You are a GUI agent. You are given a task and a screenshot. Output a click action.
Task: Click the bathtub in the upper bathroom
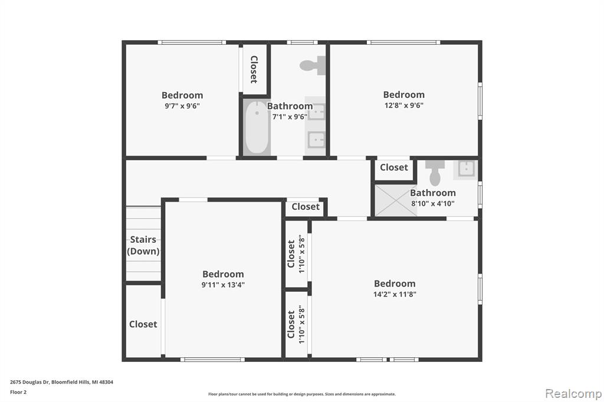257,127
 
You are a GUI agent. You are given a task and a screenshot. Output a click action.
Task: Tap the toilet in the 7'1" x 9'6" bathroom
313,65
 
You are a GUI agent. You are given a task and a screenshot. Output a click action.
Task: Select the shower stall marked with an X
396,200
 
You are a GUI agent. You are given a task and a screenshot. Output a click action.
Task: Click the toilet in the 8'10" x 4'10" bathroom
435,173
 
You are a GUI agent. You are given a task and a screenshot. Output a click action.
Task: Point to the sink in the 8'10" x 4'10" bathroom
466,169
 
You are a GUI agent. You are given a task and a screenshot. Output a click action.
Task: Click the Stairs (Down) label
143,245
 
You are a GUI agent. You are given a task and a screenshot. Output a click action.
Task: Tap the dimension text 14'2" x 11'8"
395,294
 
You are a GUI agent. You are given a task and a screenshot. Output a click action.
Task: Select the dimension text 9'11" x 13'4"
223,285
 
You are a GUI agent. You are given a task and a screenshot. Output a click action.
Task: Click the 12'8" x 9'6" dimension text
404,105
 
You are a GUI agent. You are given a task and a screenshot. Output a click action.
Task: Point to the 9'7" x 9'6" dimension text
182,106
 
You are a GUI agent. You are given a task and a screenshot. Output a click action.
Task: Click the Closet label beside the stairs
143,324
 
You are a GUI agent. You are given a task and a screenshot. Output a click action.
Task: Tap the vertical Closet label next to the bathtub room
254,70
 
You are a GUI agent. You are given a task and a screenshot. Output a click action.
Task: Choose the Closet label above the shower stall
393,167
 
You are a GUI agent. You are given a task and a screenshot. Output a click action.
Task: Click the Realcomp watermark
573,393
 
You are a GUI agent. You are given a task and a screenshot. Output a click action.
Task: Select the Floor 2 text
18,393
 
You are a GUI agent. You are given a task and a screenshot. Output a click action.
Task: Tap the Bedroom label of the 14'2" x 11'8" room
395,284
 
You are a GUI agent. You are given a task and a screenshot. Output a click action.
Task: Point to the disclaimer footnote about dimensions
302,394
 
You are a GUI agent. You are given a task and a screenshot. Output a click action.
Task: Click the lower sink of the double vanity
316,140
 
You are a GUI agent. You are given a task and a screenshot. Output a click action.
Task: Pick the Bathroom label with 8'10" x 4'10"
432,193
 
